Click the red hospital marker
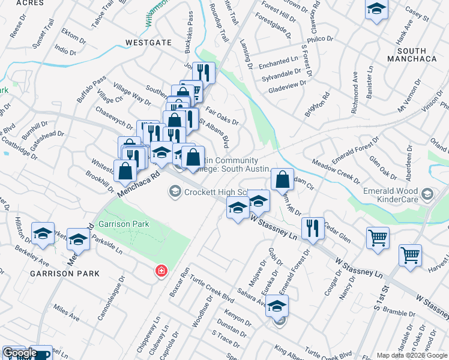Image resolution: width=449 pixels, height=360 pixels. coord(161,271)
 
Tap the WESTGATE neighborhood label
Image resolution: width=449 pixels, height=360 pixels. coord(148,43)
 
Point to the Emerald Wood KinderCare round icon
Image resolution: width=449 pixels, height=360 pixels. coord(427,193)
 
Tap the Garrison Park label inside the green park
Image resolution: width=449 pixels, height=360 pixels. coord(124,224)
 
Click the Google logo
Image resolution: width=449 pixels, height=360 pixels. coord(19,353)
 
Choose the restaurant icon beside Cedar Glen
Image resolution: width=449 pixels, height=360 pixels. coord(313,228)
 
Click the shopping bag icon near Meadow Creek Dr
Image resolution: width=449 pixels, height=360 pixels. coord(282,179)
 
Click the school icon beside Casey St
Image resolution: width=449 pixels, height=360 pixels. coord(376,10)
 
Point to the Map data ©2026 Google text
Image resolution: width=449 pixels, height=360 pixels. coord(411,355)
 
